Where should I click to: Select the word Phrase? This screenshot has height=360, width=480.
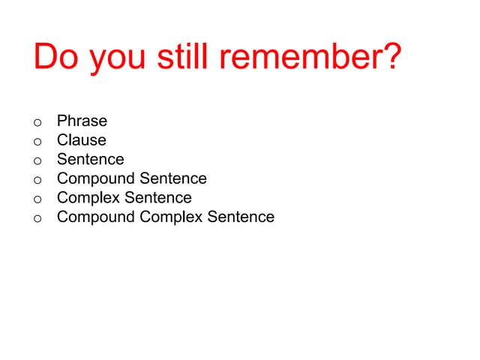click(x=82, y=121)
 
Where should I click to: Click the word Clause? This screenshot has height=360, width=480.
click(x=81, y=140)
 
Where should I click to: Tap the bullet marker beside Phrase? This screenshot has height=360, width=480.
click(x=37, y=122)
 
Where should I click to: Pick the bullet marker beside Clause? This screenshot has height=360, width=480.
click(x=37, y=142)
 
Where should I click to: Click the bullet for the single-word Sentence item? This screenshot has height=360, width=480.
click(x=37, y=160)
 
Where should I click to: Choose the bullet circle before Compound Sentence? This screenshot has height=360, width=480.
click(x=37, y=180)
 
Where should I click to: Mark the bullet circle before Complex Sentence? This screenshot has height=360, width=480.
click(x=37, y=199)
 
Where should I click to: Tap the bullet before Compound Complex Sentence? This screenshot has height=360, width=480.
click(x=37, y=218)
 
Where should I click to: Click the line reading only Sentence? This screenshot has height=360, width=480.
click(x=90, y=159)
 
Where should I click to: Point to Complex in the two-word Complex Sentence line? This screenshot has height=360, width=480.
click(x=88, y=199)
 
